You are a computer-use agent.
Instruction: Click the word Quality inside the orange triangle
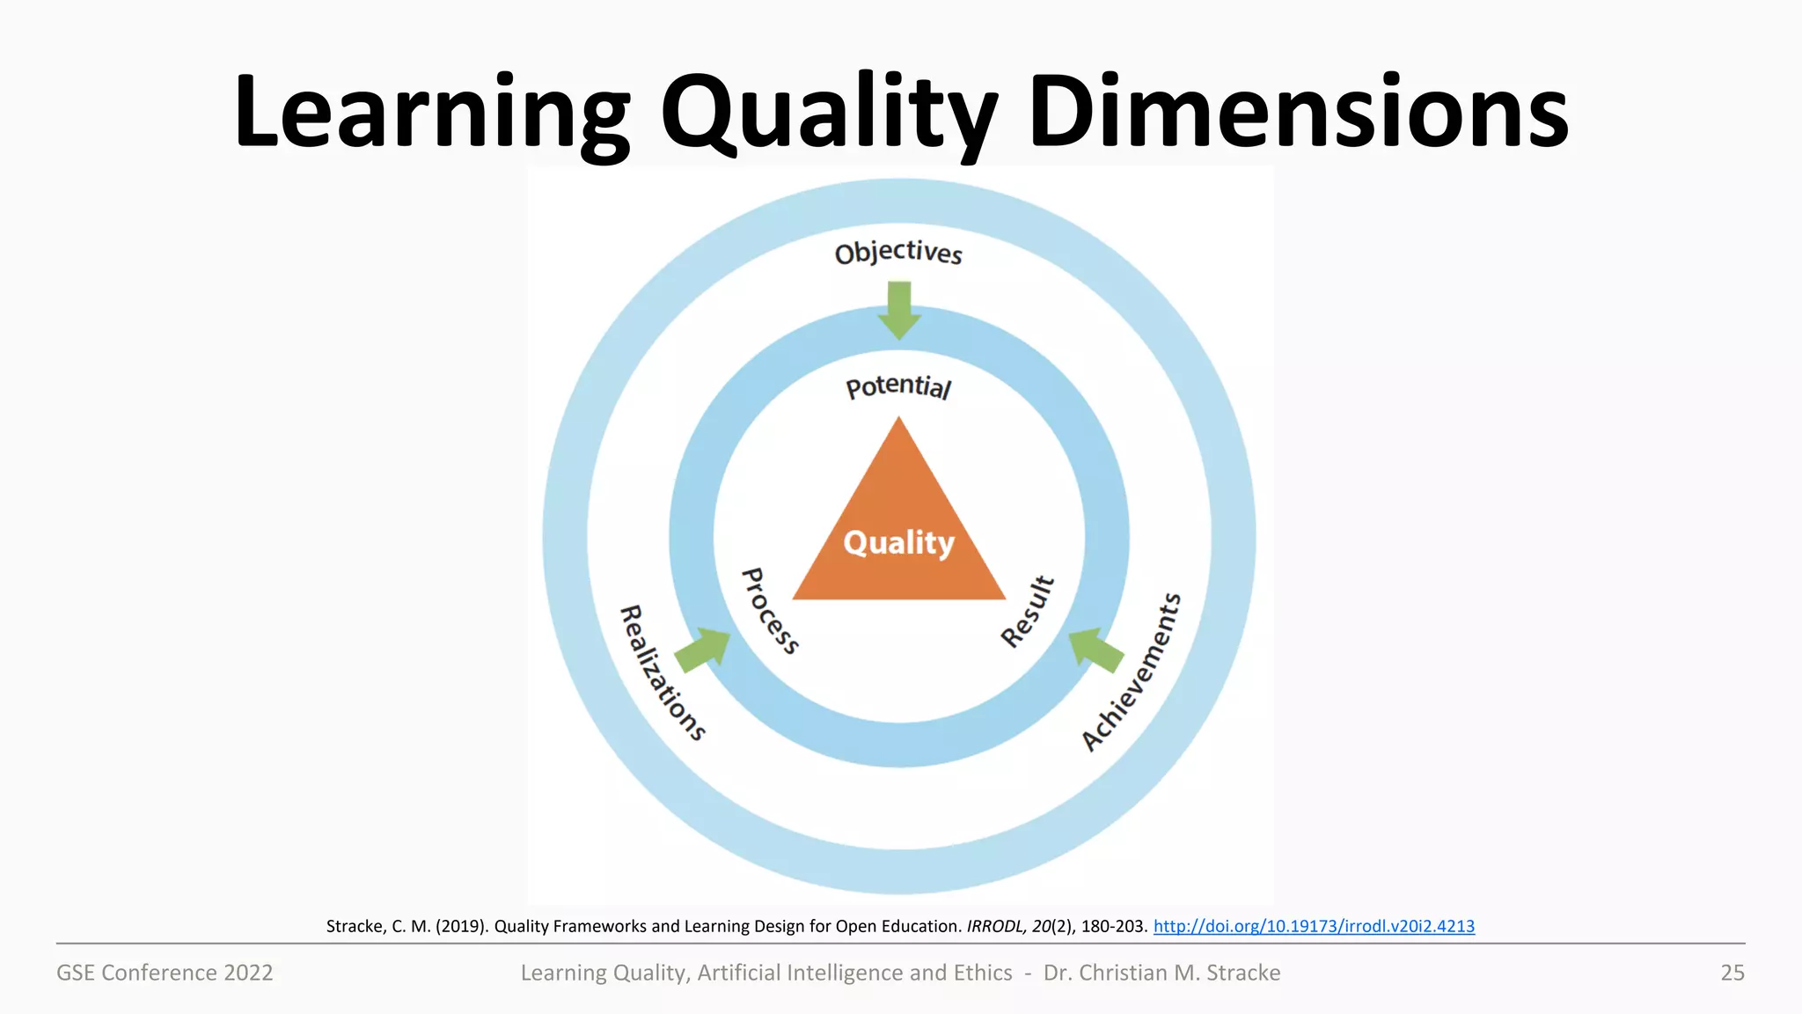(x=898, y=543)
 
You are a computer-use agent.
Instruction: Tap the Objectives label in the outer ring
(x=898, y=253)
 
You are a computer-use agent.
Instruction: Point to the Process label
(x=770, y=611)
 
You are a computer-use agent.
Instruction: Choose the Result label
(x=1028, y=612)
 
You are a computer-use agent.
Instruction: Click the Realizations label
(x=663, y=673)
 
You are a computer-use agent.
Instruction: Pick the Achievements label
(x=1132, y=672)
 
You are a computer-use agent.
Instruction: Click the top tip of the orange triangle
(x=898, y=422)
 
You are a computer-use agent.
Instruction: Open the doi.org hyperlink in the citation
(x=1314, y=926)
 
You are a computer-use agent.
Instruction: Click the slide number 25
(x=1732, y=973)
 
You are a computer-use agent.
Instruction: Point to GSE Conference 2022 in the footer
(x=165, y=973)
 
